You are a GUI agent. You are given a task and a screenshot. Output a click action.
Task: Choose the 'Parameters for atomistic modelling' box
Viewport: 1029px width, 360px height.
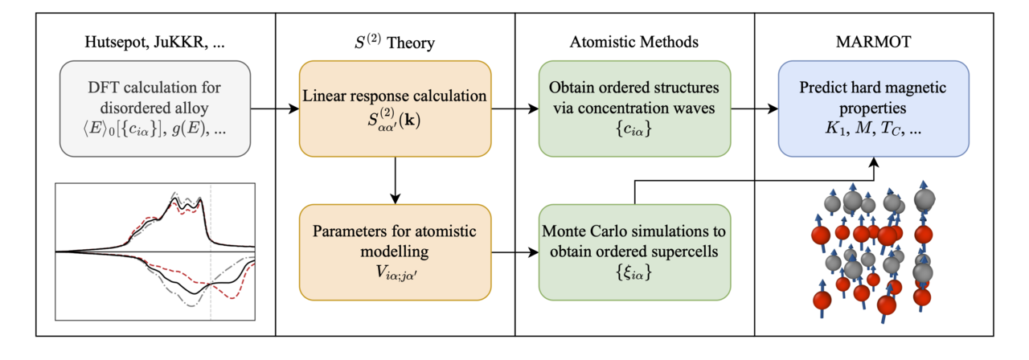pyautogui.click(x=395, y=252)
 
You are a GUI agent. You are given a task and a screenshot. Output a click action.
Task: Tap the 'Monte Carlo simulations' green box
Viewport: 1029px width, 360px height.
pyautogui.click(x=634, y=252)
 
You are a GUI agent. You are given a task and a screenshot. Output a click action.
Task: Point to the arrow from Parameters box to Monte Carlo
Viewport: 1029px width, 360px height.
pyautogui.click(x=514, y=252)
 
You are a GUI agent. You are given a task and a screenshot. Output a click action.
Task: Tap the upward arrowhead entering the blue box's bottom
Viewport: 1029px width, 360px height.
pyautogui.click(x=874, y=162)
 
